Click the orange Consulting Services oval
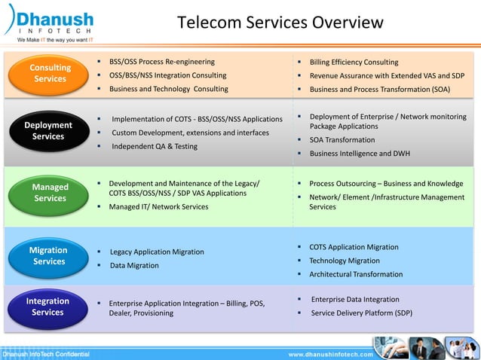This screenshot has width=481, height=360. click(50, 73)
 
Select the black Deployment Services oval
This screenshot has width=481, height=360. click(48, 131)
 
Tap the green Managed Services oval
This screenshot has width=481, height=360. click(50, 193)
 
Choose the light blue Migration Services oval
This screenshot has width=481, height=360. click(48, 256)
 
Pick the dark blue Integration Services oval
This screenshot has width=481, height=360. click(47, 307)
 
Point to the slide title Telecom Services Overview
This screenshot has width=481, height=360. click(280, 23)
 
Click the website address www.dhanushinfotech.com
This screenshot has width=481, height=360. click(331, 354)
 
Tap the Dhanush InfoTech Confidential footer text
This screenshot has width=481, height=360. click(46, 354)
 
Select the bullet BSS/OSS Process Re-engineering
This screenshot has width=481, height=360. click(161, 62)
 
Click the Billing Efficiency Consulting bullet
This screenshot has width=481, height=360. click(354, 62)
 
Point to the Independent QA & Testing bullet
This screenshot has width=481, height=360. click(155, 146)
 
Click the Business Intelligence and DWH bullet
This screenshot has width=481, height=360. click(360, 154)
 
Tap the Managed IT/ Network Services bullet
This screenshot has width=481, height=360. click(158, 206)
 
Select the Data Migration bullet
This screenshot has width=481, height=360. click(134, 265)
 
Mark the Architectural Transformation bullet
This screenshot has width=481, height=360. click(356, 274)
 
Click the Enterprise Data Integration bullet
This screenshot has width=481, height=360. click(355, 299)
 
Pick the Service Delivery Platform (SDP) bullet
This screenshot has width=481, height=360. click(361, 313)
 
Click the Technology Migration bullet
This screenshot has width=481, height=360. click(345, 261)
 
